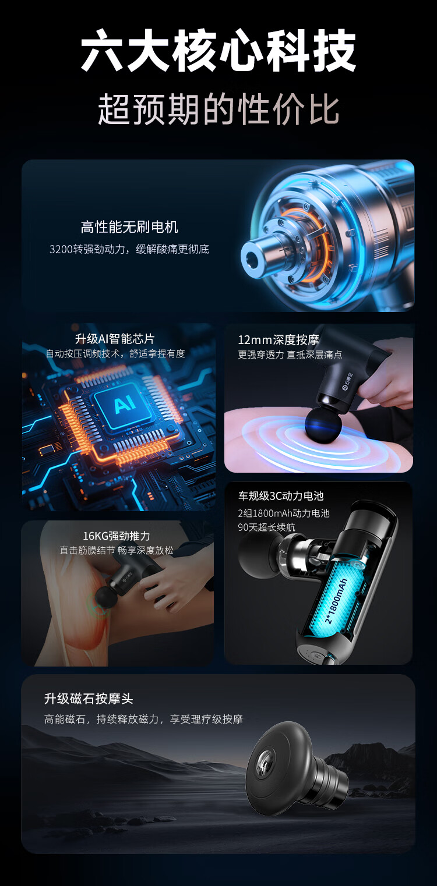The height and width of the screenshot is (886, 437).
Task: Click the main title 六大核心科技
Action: click(218, 50)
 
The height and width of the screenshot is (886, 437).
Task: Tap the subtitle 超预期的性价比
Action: click(218, 109)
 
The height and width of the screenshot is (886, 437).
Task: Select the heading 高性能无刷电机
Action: click(129, 227)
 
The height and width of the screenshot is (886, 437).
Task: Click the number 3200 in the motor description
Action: click(61, 249)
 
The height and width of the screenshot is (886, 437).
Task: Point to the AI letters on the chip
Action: click(125, 404)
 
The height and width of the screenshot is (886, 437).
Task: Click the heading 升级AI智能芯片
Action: click(115, 339)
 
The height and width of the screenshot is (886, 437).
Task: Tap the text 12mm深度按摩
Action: click(279, 340)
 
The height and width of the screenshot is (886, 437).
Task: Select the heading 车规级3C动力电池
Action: click(281, 496)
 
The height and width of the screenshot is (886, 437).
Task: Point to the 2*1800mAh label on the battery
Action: click(336, 601)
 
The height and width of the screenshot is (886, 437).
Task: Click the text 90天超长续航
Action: click(266, 527)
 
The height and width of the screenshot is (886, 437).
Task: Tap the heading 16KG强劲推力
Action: click(117, 536)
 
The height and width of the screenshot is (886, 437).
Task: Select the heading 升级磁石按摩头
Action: click(89, 699)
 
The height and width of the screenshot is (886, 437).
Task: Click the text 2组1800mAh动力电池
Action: click(283, 513)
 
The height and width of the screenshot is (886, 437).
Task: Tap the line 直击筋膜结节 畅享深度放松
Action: click(117, 550)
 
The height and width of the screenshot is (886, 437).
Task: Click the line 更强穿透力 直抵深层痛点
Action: click(290, 355)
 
